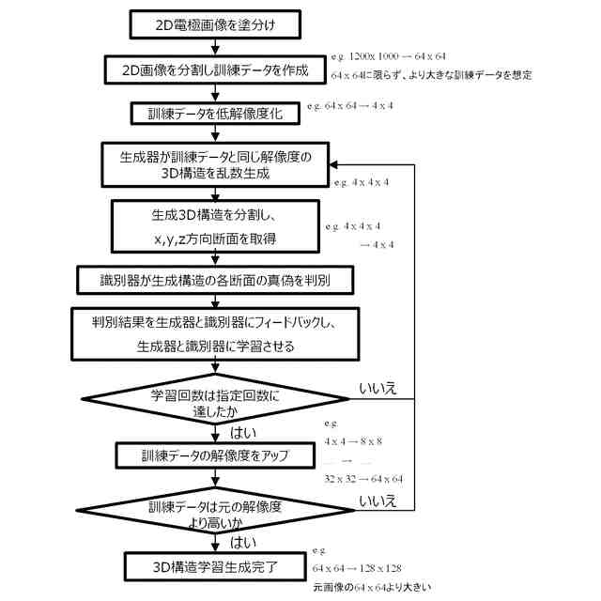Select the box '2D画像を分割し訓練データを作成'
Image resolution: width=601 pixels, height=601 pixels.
[214, 69]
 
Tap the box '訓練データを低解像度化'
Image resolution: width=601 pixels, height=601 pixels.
[215, 114]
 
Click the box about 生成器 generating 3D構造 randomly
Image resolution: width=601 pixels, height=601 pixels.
[214, 166]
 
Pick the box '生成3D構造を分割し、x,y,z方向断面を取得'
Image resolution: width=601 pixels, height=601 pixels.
[214, 227]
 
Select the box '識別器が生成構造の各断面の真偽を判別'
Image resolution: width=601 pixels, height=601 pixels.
[215, 280]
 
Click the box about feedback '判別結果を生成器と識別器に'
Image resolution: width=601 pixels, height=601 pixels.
[215, 333]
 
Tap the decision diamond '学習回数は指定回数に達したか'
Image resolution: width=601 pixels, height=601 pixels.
[215, 399]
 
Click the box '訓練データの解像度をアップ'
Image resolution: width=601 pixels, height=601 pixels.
[215, 457]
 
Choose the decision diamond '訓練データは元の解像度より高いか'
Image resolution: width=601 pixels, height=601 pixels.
[215, 513]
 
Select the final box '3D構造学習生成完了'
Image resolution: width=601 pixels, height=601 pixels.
[215, 567]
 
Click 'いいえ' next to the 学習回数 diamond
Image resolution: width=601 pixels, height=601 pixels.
[378, 387]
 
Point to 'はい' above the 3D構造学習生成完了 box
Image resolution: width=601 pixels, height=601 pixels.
[247, 543]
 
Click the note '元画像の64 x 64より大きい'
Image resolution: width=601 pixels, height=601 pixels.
[372, 587]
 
